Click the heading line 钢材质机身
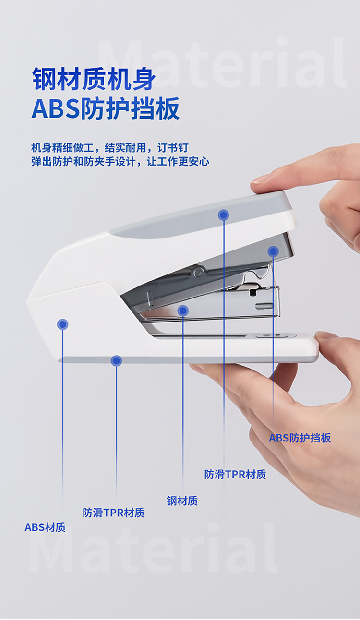tap(94, 79)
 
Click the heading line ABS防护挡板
tap(106, 108)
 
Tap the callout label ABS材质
tap(45, 527)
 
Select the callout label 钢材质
tap(182, 501)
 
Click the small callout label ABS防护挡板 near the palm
tap(300, 438)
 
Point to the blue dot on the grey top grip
tap(224, 215)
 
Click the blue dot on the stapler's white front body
tap(62, 324)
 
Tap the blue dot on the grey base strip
tap(116, 361)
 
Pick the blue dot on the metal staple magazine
tap(183, 310)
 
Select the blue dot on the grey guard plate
tap(273, 251)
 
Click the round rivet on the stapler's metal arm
tap(197, 273)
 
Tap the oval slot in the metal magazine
tap(264, 306)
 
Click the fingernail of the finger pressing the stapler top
tap(260, 179)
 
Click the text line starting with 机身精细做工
tap(109, 148)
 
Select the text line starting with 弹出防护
tap(120, 162)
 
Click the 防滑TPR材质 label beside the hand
tap(235, 475)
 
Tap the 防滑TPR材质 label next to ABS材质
tap(114, 513)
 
